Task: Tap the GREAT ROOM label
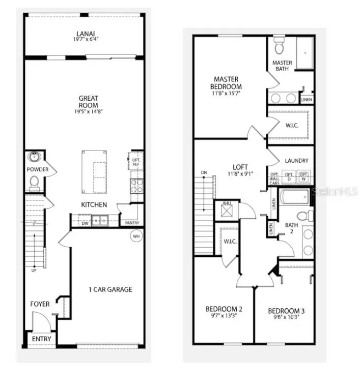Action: coord(88,102)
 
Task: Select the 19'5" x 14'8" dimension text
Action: coord(88,111)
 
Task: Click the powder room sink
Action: coord(35,157)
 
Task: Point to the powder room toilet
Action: coord(34,181)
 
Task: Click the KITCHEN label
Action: coord(94,205)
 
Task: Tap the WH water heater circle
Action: coord(136,236)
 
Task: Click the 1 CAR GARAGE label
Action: coord(110,289)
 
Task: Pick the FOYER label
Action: coord(40,304)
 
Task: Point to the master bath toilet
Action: coord(279,47)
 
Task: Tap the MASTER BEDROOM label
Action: coord(227,83)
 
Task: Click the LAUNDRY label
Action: coord(297,161)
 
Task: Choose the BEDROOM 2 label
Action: coord(224,309)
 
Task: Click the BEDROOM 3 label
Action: coord(286,311)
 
